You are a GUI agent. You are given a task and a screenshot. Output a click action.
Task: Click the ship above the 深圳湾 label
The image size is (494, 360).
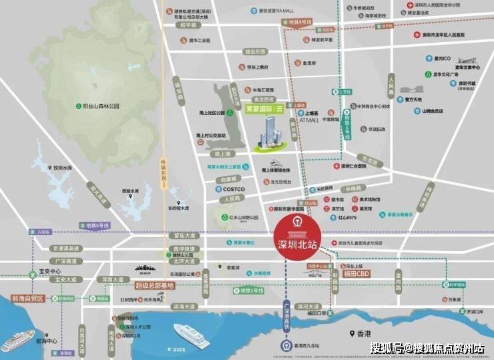coord(190,333)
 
